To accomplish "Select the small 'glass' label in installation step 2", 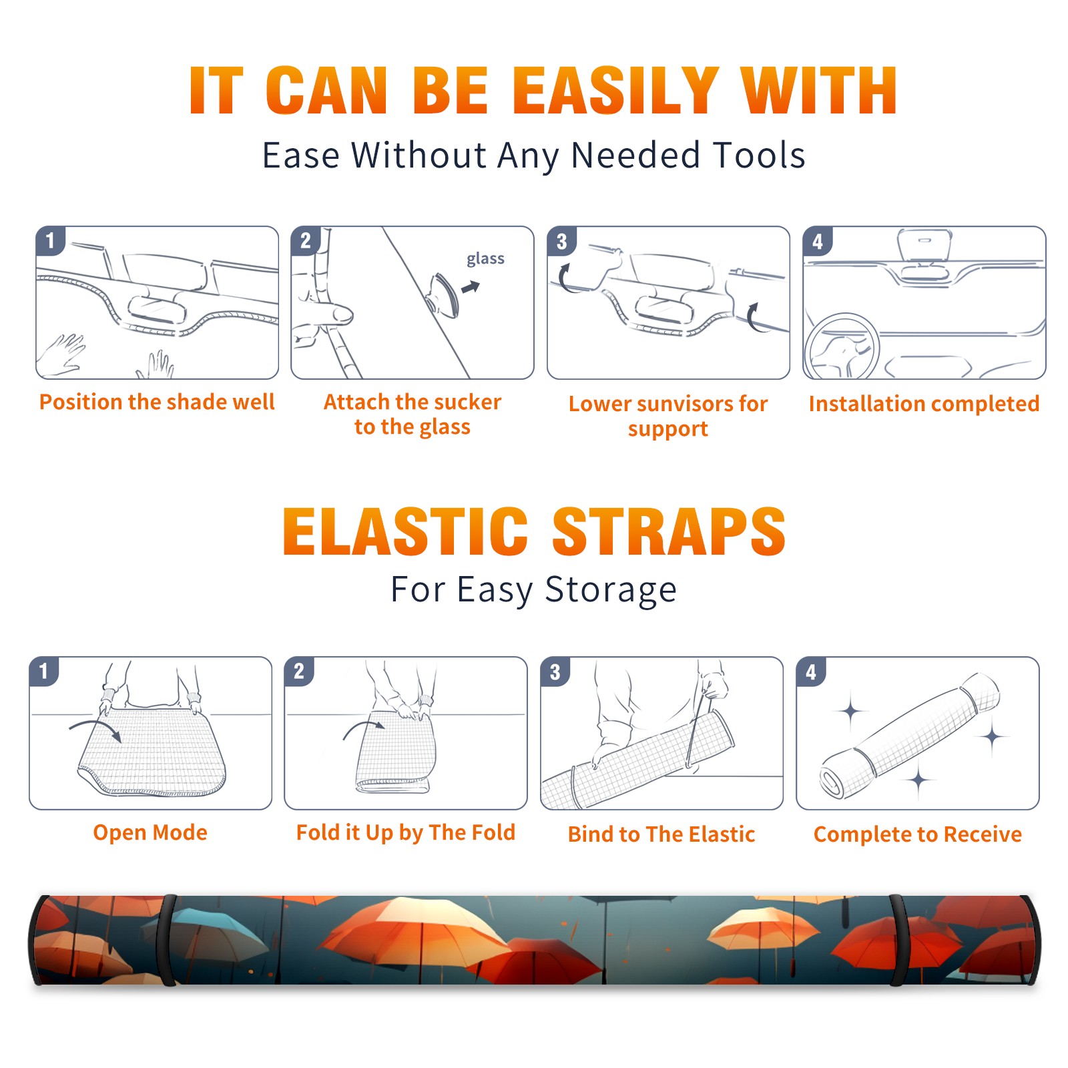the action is tap(485, 259).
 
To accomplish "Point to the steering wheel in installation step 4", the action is tap(842, 346).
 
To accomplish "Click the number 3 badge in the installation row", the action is tap(561, 241).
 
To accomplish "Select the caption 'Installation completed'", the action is tap(924, 404).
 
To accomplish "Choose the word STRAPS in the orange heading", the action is tap(669, 531).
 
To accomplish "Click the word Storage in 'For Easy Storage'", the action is tap(610, 590).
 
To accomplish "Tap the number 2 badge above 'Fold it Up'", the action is tap(299, 671).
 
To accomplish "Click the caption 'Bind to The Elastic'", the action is tap(661, 834).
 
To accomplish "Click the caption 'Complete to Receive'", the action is tap(918, 834).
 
